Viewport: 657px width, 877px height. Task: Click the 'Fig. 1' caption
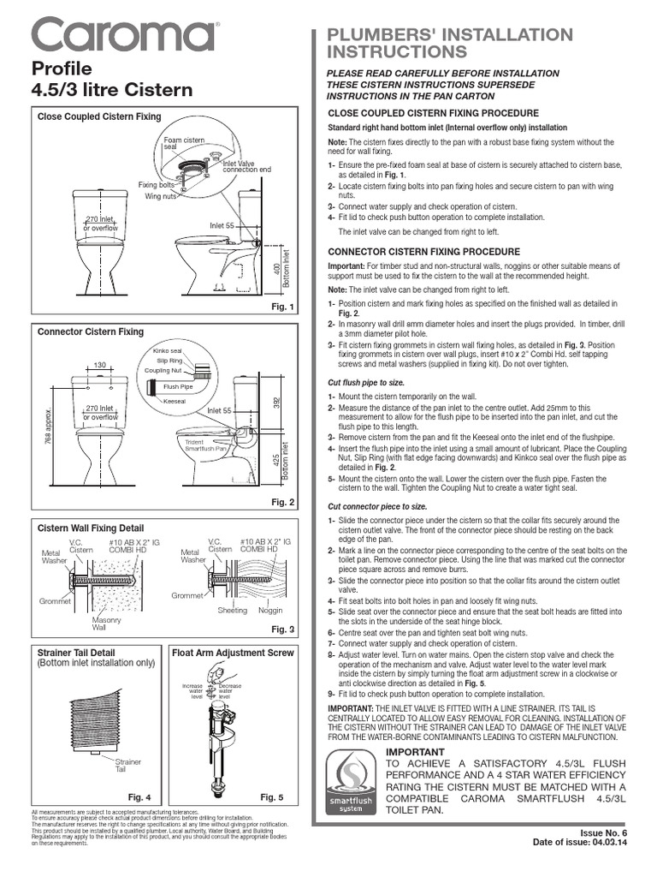click(281, 307)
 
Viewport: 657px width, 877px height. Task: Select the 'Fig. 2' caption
click(281, 502)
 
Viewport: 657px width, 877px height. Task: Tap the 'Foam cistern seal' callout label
click(184, 143)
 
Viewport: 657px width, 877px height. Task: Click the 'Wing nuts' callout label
click(160, 196)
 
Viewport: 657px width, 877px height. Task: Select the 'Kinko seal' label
click(167, 351)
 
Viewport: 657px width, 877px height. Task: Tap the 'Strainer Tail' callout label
click(128, 765)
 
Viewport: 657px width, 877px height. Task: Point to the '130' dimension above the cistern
click(100, 366)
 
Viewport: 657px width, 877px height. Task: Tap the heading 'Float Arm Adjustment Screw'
click(234, 653)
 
